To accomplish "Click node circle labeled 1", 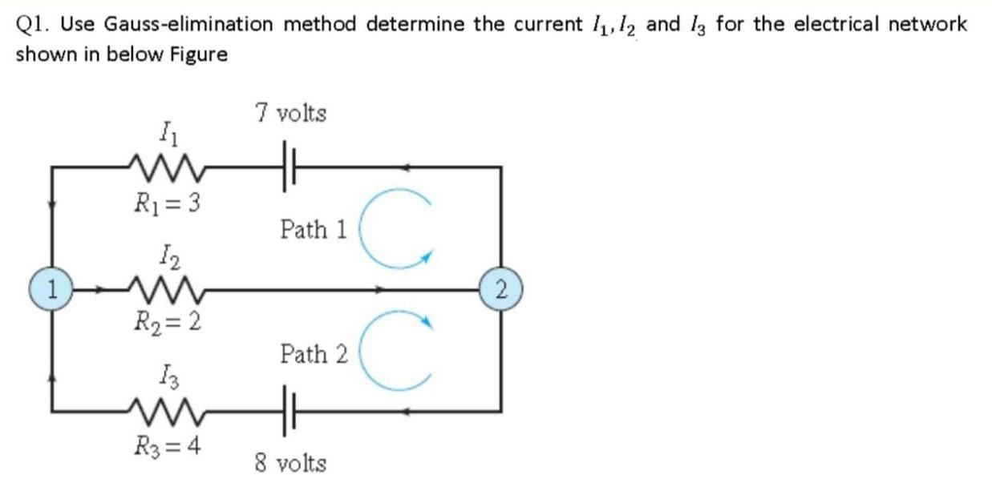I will click(53, 289).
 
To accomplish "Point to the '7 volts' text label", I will click(290, 114).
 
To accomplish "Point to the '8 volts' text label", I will click(290, 463).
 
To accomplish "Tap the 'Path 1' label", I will click(314, 231).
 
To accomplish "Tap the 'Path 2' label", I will click(314, 353).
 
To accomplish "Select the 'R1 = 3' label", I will click(166, 201).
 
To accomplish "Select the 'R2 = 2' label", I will click(166, 323).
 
